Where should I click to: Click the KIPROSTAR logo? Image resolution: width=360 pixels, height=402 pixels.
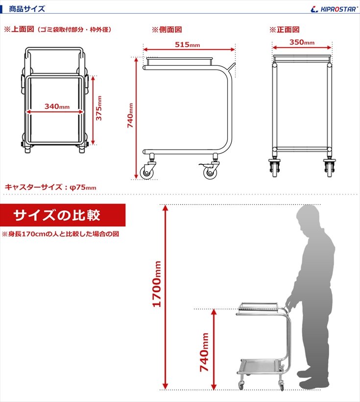point(334,9)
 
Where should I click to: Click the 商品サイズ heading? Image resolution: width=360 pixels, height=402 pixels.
point(27,9)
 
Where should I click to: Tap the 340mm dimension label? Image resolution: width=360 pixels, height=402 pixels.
point(57,106)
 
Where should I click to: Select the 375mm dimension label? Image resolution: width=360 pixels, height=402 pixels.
point(99,108)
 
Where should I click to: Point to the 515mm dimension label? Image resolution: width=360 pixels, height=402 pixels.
point(187,45)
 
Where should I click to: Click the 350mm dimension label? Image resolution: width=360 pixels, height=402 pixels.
point(302,42)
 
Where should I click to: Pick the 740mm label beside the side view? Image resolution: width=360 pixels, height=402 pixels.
point(130,115)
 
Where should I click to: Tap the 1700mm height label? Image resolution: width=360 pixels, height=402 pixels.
point(157,284)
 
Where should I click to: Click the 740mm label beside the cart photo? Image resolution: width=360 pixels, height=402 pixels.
point(204,352)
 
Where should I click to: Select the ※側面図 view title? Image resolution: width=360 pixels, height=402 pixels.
point(167,30)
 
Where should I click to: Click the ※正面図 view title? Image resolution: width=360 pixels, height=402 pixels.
point(284,30)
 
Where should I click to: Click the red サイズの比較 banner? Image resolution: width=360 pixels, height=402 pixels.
point(63,215)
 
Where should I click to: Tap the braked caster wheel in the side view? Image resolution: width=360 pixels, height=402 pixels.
point(210,172)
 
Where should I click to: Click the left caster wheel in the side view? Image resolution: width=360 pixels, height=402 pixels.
point(146,172)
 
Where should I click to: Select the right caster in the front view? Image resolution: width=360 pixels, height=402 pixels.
point(330,168)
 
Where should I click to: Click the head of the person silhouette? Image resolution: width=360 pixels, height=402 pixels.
point(308,218)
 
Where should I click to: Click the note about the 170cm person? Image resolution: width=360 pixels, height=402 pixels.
point(60,234)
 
